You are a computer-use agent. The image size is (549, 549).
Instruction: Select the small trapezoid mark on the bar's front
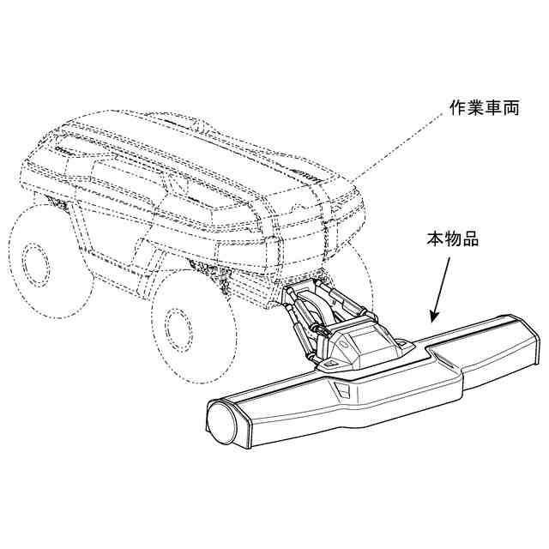pos(341,391)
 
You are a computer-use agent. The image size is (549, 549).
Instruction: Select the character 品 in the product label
pos(469,238)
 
